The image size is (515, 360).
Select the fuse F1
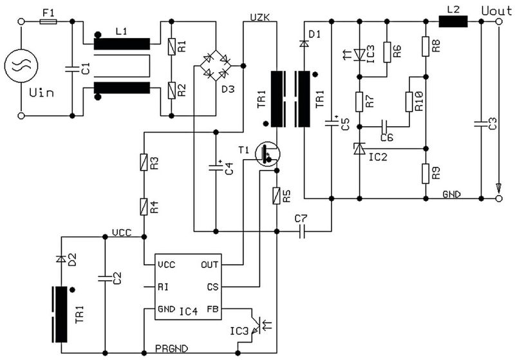(x=48, y=21)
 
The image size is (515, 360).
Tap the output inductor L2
(x=453, y=21)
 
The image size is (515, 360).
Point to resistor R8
(x=426, y=46)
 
